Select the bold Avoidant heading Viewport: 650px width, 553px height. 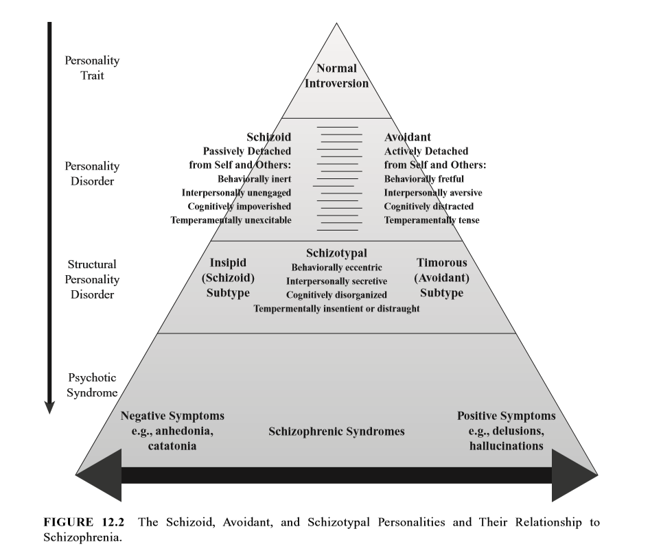(406, 137)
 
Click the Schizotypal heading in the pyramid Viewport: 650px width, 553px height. (336, 255)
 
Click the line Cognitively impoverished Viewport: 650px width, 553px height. (240, 207)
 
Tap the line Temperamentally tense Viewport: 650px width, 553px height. (432, 220)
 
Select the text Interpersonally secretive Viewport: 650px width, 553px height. (336, 281)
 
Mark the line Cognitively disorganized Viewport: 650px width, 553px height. (336, 295)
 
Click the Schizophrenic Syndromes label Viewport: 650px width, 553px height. (336, 432)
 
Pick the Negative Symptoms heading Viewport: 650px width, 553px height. (172, 416)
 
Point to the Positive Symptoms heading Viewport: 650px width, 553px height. (507, 416)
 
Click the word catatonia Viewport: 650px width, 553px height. (172, 445)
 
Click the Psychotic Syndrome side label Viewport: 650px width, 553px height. (92, 384)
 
